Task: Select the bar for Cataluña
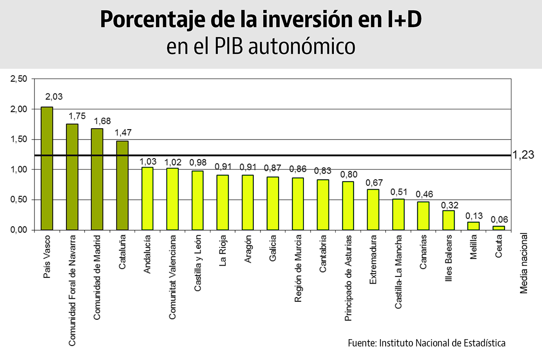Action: click(122, 186)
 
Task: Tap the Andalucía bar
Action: click(147, 199)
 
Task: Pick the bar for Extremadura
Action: click(373, 210)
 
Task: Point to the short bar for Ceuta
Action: click(499, 228)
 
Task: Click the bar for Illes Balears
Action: click(449, 220)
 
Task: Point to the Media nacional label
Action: click(523, 263)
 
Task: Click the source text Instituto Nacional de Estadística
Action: click(442, 342)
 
